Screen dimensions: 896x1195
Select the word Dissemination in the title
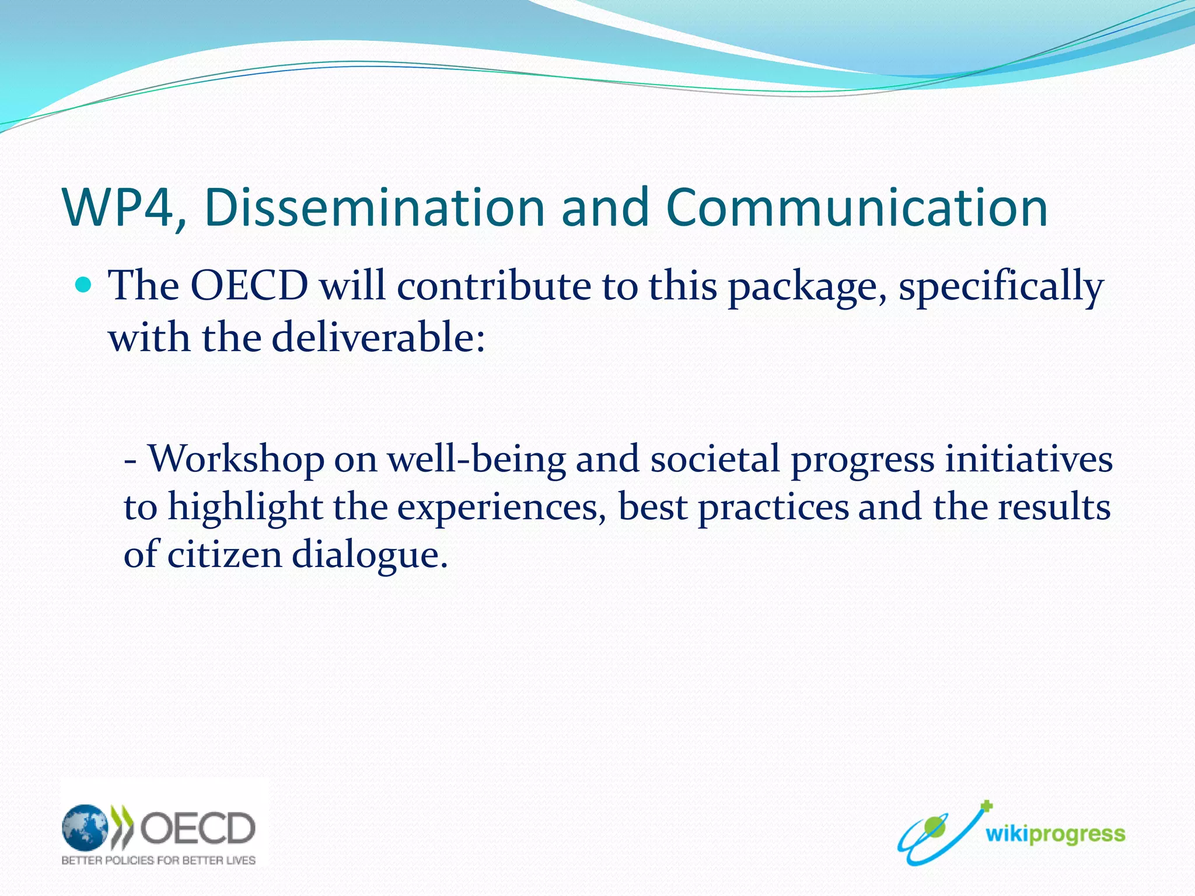373,208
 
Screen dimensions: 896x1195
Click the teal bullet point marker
85,285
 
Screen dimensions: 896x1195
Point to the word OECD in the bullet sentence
250,286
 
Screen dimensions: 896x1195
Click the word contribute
494,286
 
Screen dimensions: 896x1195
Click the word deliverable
378,338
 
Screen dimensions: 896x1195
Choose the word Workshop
236,460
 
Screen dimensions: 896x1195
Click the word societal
715,459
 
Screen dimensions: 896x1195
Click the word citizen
225,554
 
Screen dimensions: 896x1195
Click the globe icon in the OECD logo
85,827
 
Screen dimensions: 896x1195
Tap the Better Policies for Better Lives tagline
159,860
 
